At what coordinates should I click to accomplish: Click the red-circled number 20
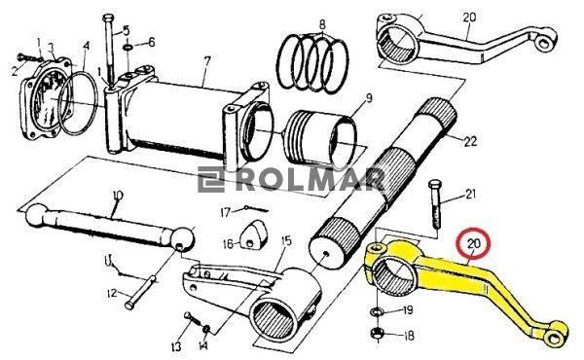point(474,243)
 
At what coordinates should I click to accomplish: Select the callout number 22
point(470,141)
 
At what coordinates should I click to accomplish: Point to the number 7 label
point(207,61)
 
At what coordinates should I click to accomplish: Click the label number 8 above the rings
point(322,24)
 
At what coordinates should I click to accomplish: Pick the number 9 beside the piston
point(369,98)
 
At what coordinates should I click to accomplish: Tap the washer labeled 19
point(377,310)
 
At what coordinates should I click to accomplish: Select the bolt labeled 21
point(435,204)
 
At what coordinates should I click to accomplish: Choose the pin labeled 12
point(141,293)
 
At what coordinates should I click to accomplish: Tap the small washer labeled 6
point(128,48)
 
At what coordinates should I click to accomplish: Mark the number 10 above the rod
point(118,196)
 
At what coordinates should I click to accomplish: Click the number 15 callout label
point(286,241)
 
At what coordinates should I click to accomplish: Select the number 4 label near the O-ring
point(87,47)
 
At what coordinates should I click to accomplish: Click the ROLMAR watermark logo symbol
point(211,179)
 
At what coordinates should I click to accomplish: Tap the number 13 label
point(176,346)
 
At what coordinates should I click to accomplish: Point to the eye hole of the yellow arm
point(555,338)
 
